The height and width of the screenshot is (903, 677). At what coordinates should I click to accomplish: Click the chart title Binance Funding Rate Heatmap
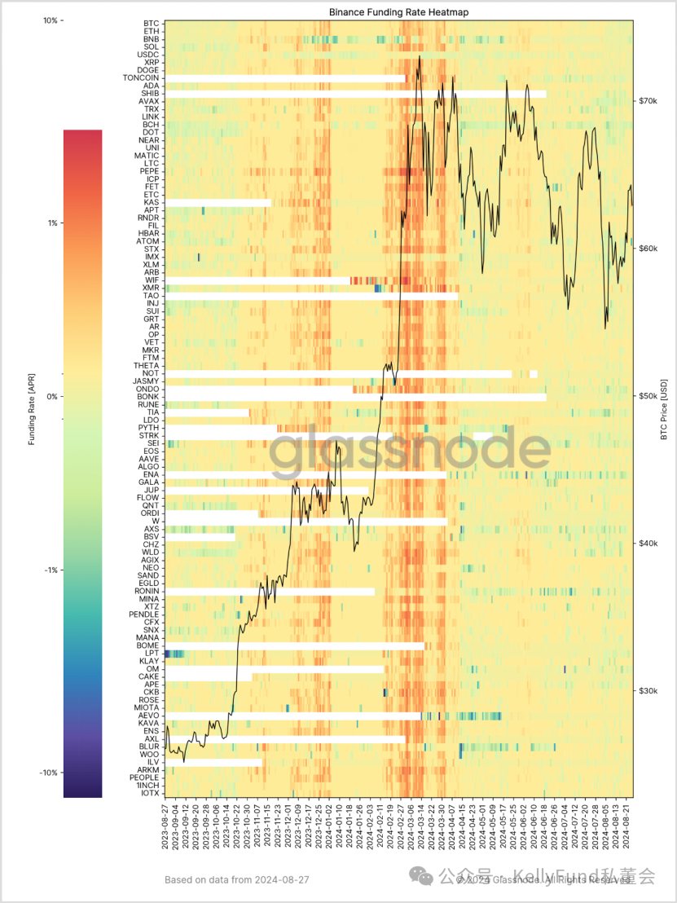coord(398,12)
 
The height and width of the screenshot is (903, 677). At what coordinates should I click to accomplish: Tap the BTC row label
coord(152,24)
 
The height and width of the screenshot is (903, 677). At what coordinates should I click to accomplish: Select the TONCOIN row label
coord(141,78)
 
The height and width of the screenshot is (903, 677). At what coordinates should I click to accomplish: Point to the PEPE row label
coord(150,171)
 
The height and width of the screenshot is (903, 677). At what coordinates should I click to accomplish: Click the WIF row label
coord(152,280)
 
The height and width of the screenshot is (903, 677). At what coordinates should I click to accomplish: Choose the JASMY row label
coord(147,381)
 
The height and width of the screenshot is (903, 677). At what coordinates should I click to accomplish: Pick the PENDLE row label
coord(145,614)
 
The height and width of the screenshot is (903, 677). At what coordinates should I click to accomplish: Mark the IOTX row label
coord(150,792)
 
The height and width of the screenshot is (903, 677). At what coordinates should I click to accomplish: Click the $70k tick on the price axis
coord(648,101)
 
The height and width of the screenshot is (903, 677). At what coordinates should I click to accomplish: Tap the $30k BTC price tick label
coord(648,691)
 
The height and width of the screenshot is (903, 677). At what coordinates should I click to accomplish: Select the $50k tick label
coord(648,396)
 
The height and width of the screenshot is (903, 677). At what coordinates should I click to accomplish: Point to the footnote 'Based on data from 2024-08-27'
coord(236,879)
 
